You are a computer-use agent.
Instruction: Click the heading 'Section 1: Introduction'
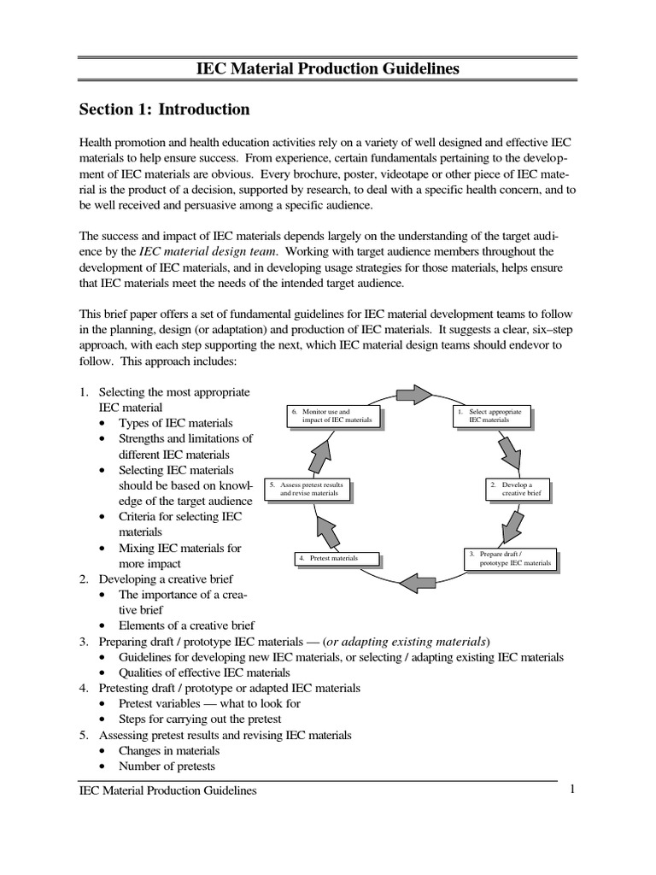(x=164, y=109)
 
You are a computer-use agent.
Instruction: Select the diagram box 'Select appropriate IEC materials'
(x=492, y=416)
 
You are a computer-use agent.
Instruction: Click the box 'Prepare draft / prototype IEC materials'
(x=511, y=559)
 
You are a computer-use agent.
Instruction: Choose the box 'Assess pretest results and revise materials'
(x=307, y=490)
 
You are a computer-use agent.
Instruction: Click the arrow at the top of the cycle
(x=414, y=394)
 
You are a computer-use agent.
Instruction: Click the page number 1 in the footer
(x=573, y=790)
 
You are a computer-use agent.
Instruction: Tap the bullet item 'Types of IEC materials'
(x=175, y=423)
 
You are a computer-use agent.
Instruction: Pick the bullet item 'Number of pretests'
(x=167, y=766)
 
